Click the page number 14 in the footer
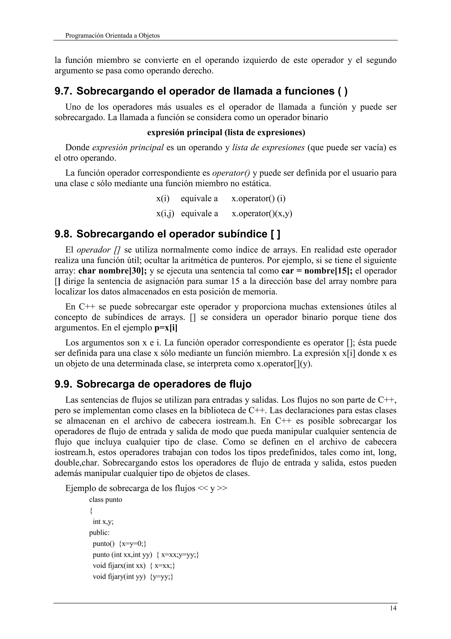(393, 608)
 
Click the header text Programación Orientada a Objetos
(113, 36)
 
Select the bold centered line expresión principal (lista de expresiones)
(226, 133)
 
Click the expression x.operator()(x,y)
(262, 213)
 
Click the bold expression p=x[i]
(166, 328)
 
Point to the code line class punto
(106, 500)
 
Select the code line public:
(99, 533)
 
